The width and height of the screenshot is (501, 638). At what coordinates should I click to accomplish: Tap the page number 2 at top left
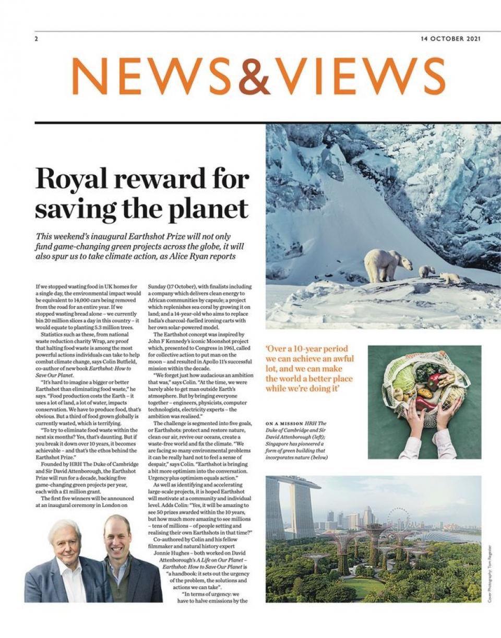point(37,39)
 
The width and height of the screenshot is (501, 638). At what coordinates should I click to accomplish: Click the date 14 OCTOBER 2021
point(450,39)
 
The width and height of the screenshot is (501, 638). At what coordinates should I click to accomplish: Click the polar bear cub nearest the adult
point(426,271)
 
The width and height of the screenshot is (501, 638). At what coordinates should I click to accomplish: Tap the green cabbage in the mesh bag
point(405,380)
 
